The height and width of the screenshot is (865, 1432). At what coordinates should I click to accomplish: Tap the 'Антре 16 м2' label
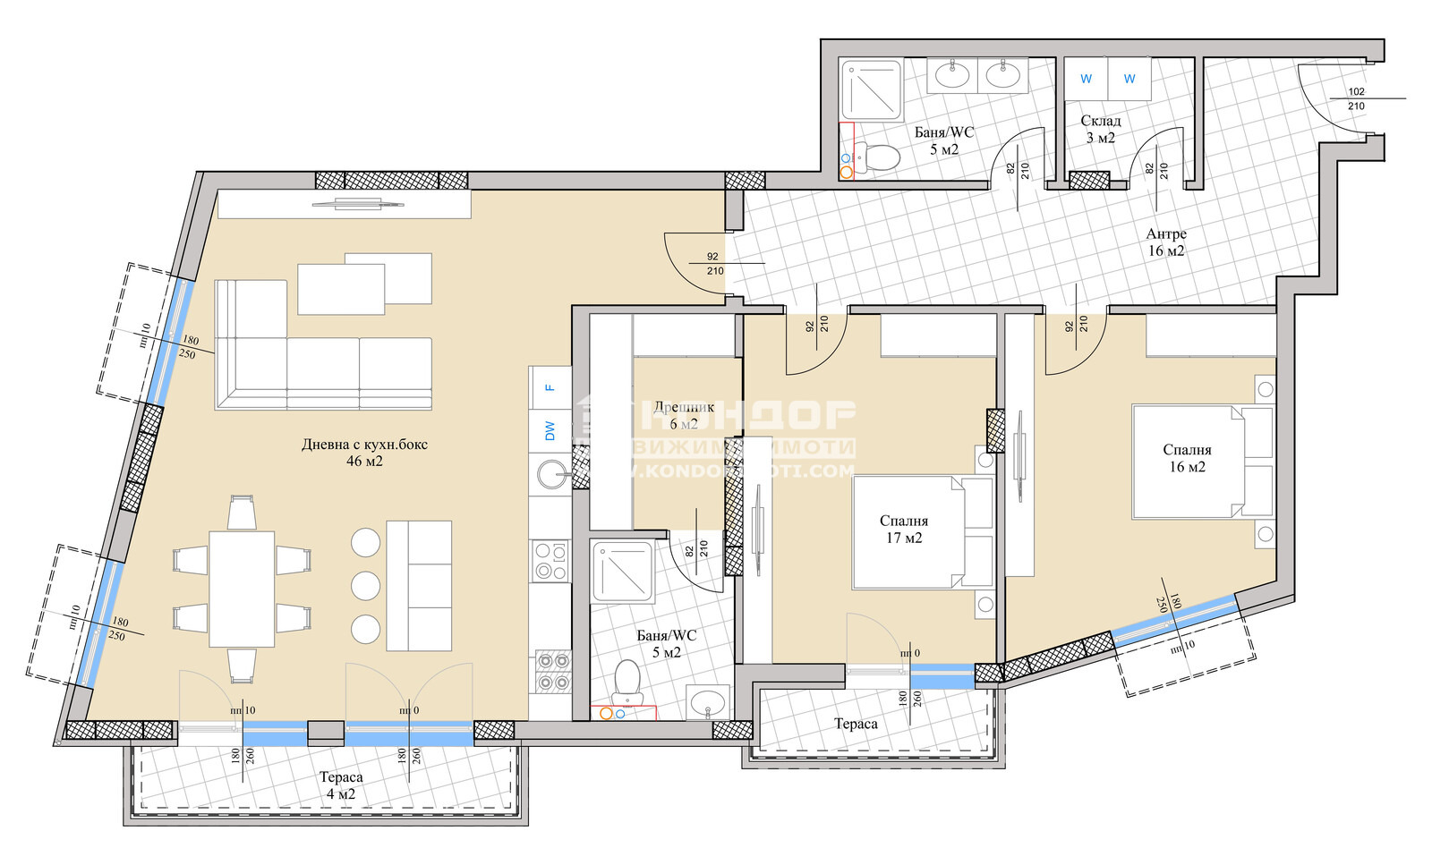coord(1166,242)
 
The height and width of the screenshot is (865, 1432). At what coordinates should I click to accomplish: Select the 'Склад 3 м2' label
coord(1100,129)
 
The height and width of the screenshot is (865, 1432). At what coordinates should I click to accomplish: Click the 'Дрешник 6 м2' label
coord(684,415)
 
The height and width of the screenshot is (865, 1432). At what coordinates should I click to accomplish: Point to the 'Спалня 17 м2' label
coord(904,529)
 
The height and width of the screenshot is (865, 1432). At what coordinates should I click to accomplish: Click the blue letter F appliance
coord(550,387)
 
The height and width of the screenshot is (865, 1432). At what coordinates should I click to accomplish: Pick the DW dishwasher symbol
coord(550,431)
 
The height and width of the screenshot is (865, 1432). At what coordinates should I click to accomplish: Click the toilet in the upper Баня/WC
coord(881,159)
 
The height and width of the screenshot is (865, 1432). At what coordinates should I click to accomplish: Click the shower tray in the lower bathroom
coord(622,572)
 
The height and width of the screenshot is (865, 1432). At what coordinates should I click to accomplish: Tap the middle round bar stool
coord(366,586)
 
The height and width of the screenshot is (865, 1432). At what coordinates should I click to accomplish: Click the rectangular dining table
coord(242,589)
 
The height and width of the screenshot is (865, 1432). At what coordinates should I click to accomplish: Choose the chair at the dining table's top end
coord(242,513)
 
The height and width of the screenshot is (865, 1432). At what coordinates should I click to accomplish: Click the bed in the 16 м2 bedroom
coord(1202,462)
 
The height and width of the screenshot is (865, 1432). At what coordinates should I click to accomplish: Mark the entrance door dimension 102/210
coord(1356,98)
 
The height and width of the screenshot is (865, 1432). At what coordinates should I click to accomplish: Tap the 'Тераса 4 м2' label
coord(341,785)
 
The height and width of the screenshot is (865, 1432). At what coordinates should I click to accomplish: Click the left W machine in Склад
coord(1086,79)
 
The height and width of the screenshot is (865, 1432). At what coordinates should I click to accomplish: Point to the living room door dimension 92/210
coord(713,263)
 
